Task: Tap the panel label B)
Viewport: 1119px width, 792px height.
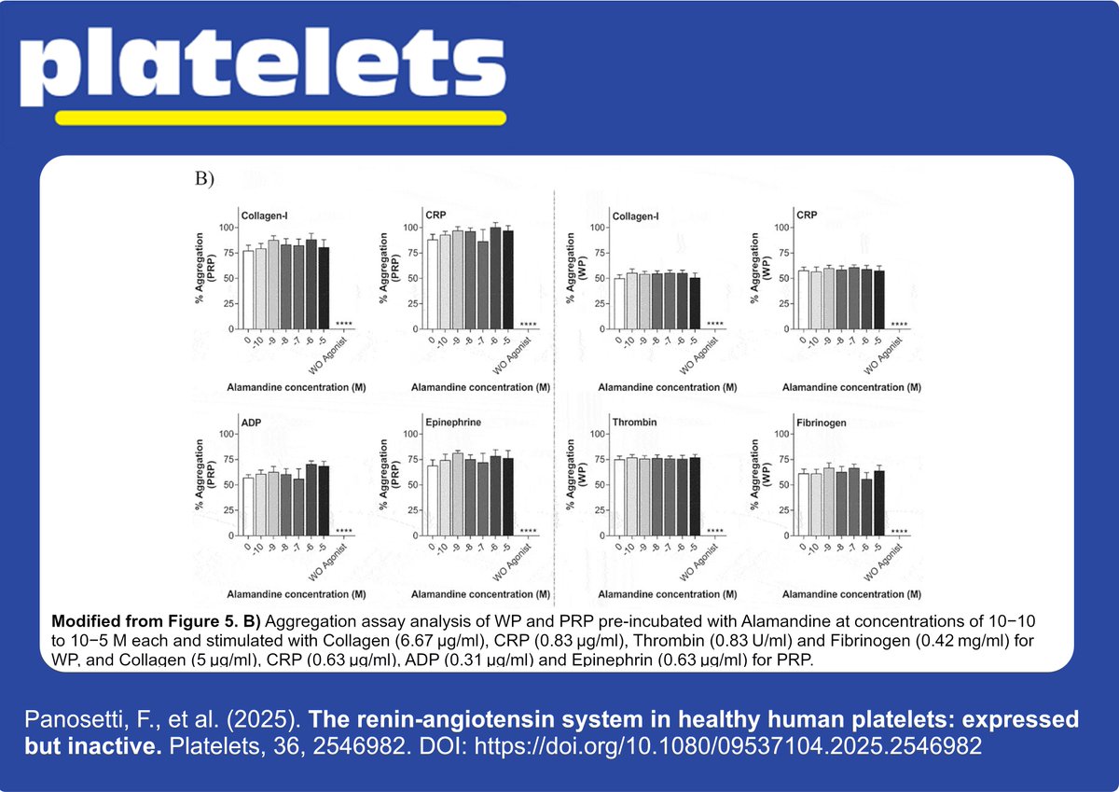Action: click(x=204, y=179)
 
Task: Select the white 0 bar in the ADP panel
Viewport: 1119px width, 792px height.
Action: click(x=248, y=507)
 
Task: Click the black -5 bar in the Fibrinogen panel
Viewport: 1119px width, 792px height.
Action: click(x=878, y=503)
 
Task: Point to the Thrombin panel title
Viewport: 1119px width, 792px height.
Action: click(x=635, y=423)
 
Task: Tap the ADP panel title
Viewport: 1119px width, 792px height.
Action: click(x=253, y=423)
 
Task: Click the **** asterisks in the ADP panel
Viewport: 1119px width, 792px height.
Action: click(x=343, y=532)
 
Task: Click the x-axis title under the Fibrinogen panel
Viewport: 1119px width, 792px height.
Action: click(x=851, y=594)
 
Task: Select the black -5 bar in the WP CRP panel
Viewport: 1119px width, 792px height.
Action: click(x=878, y=299)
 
